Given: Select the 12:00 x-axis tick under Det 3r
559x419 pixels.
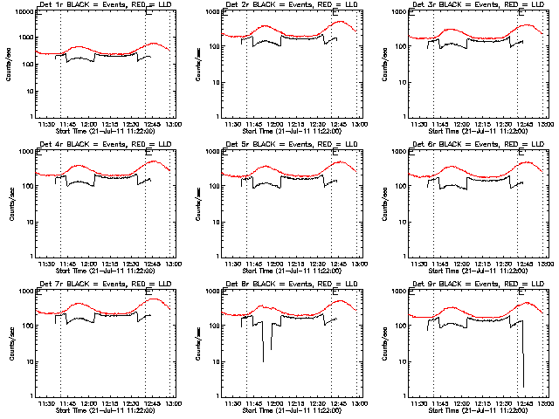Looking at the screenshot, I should [x=462, y=125].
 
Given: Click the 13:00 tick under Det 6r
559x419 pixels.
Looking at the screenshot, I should [x=548, y=264].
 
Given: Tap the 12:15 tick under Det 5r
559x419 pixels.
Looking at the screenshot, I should [x=297, y=264].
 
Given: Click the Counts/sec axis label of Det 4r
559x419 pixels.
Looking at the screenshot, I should [x=11, y=203].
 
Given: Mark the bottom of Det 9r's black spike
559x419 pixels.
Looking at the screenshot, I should [x=523, y=386].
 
